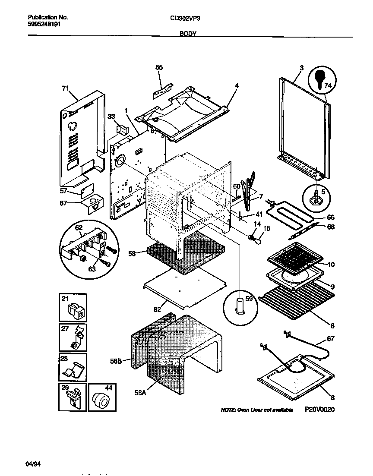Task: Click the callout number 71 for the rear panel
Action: pos(65,88)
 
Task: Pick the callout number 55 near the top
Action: pos(159,67)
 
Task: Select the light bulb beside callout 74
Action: pos(320,80)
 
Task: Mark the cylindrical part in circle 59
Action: pos(239,306)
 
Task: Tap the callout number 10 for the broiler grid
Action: pos(331,265)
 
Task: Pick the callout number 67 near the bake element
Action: pos(330,339)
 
